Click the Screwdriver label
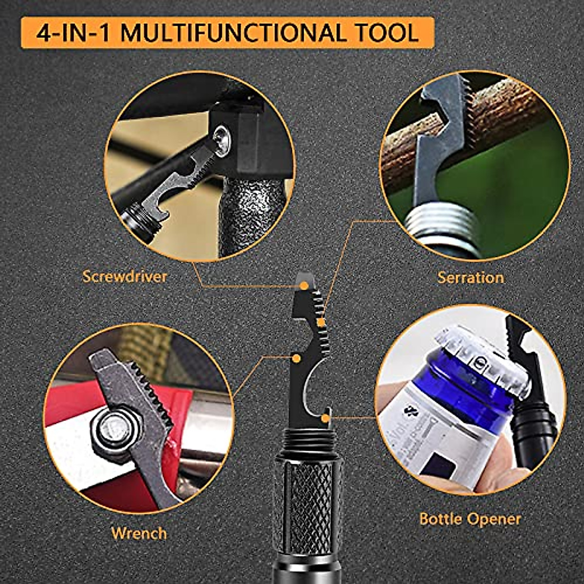[125, 277]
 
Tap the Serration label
[470, 277]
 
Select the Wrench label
[139, 533]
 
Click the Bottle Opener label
[470, 519]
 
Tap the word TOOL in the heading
[389, 33]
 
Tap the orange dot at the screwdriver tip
[304, 287]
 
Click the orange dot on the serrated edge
[321, 322]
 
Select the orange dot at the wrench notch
[295, 359]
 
